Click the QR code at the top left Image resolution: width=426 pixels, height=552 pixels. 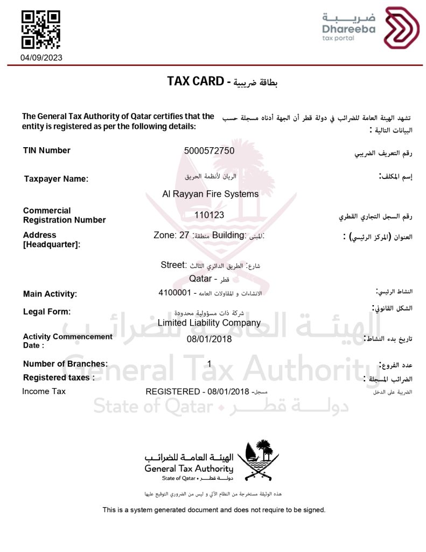pyautogui.click(x=40, y=30)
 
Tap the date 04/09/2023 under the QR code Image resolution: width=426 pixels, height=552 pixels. pyautogui.click(x=41, y=58)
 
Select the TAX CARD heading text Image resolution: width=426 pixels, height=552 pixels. pyautogui.click(x=195, y=81)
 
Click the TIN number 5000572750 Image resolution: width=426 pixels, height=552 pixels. pyautogui.click(x=209, y=151)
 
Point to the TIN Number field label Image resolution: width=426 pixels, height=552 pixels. pyautogui.click(x=47, y=150)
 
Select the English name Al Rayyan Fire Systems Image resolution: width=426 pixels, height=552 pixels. pyautogui.click(x=210, y=194)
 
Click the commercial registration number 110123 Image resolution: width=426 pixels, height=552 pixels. pyautogui.click(x=209, y=215)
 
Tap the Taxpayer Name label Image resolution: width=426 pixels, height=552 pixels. pyautogui.click(x=56, y=179)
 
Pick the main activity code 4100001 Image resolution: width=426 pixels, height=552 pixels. pyautogui.click(x=175, y=293)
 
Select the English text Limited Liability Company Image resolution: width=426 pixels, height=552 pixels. pyautogui.click(x=209, y=323)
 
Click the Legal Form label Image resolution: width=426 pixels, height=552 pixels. pyautogui.click(x=47, y=312)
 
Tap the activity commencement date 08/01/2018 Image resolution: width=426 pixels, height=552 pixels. pyautogui.click(x=209, y=339)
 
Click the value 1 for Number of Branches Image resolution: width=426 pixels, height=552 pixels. pyautogui.click(x=209, y=364)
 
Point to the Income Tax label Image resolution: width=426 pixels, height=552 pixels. pyautogui.click(x=44, y=391)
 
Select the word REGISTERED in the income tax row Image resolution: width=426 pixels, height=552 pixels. pyautogui.click(x=172, y=391)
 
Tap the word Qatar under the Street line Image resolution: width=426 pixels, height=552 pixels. pyautogui.click(x=200, y=279)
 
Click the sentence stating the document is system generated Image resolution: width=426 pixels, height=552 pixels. pyautogui.click(x=214, y=509)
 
